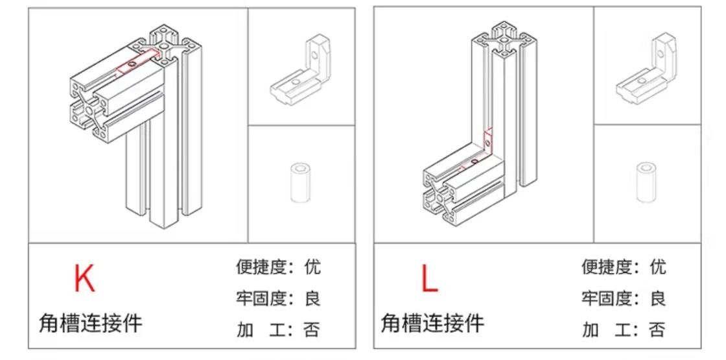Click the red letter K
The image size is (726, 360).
84,278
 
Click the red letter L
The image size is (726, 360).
429,278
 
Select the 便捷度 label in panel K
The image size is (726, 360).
261,267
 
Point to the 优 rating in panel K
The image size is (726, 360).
312,267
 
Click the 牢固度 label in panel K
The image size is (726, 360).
261,298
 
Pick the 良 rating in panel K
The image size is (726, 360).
312,298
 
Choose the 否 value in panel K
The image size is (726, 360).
312,330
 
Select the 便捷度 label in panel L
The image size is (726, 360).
607,267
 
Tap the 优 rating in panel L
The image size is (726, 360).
657,267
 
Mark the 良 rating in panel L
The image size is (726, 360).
657,298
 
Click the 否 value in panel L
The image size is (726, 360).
657,330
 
